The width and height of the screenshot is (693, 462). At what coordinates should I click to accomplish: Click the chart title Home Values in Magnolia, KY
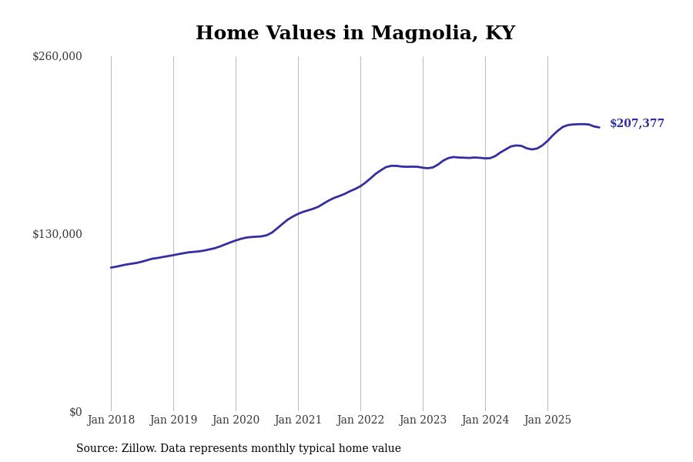click(355, 34)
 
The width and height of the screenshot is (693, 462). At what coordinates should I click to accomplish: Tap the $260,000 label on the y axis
click(57, 56)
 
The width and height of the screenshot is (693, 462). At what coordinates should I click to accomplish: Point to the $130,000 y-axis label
click(57, 234)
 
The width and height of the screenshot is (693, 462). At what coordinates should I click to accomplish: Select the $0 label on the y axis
click(75, 412)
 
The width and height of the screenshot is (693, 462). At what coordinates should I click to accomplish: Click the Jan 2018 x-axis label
click(111, 420)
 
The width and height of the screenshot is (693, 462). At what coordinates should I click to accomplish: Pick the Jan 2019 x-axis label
click(173, 420)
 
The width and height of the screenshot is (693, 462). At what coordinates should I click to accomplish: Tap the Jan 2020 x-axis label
click(236, 420)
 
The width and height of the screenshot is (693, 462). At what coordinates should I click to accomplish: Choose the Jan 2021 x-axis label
click(298, 420)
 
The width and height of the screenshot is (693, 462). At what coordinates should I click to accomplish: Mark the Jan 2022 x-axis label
click(360, 420)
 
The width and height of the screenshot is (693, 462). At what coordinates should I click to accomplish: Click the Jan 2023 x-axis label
click(423, 420)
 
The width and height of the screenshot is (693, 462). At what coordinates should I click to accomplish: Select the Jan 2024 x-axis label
click(485, 420)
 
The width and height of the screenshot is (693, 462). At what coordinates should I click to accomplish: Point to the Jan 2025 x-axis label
click(547, 420)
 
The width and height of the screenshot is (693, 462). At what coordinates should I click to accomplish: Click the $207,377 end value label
click(637, 124)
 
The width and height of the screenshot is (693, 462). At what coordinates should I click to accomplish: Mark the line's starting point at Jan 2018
click(111, 267)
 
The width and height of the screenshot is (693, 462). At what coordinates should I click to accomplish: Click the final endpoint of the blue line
click(599, 127)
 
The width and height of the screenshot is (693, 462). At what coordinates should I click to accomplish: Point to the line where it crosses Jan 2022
click(360, 186)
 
